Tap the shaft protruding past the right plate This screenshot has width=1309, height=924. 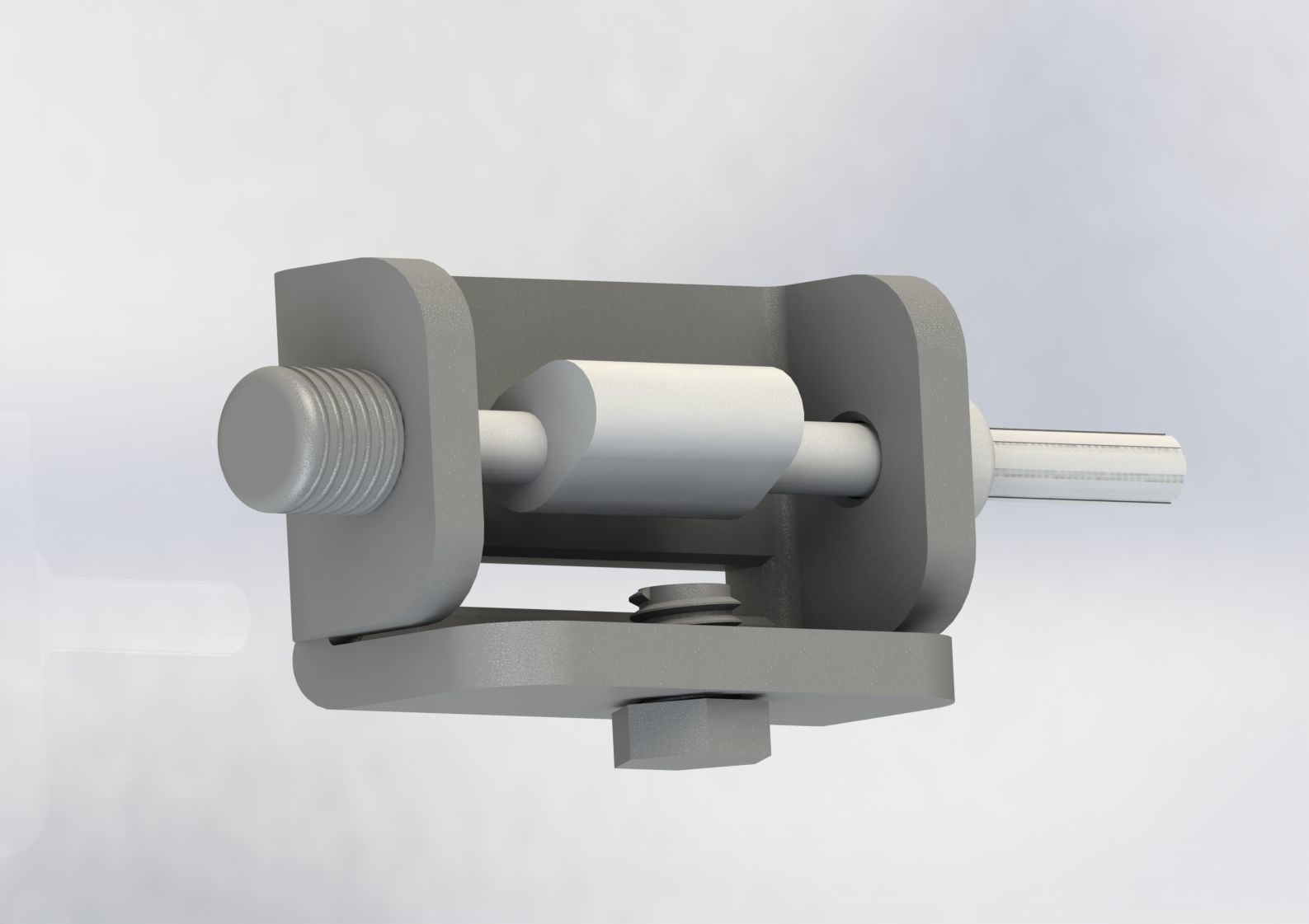click(1072, 466)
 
